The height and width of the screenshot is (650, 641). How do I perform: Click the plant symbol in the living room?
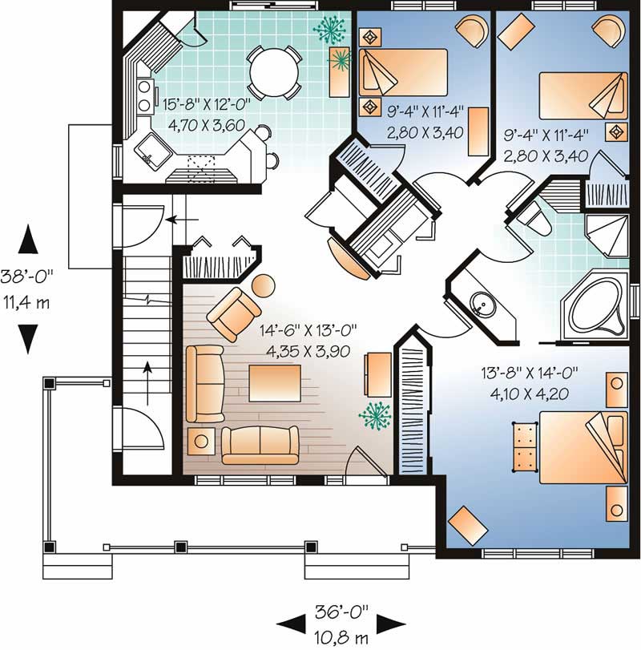(x=375, y=415)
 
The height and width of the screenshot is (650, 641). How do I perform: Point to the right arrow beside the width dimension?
(x=390, y=623)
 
